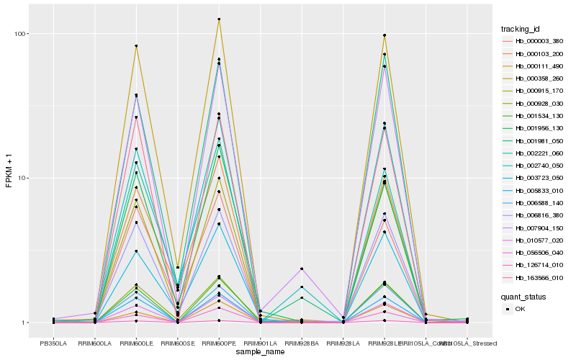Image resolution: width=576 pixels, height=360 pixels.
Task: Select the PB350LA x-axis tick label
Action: (x=53, y=343)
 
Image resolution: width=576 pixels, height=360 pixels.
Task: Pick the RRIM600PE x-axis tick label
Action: (x=219, y=343)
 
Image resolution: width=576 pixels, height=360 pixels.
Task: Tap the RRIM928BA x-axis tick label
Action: (x=302, y=343)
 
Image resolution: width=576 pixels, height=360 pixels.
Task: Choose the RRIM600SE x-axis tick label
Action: (x=177, y=343)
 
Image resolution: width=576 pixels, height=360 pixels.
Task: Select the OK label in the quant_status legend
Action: (x=521, y=308)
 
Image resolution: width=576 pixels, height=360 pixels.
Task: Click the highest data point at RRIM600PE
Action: (x=219, y=19)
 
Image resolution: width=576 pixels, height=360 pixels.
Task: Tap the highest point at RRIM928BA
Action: (x=302, y=269)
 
